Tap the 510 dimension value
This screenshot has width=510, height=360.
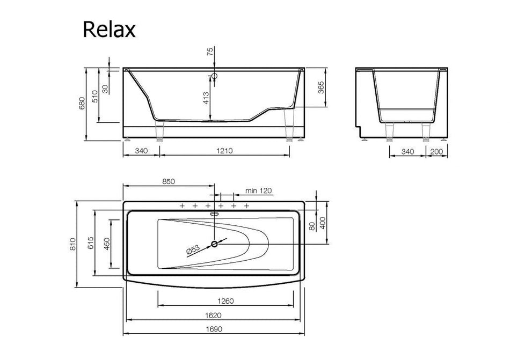(95, 97)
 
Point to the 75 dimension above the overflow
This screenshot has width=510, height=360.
(210, 52)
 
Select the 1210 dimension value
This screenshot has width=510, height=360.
(225, 151)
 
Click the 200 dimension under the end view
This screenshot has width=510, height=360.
(436, 151)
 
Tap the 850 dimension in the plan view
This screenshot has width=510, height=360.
(168, 181)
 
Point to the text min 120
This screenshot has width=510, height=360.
(259, 190)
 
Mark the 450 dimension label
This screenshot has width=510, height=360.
(107, 244)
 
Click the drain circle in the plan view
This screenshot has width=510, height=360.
(215, 244)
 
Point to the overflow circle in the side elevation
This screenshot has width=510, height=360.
(214, 76)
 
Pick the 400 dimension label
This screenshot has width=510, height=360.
(323, 222)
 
